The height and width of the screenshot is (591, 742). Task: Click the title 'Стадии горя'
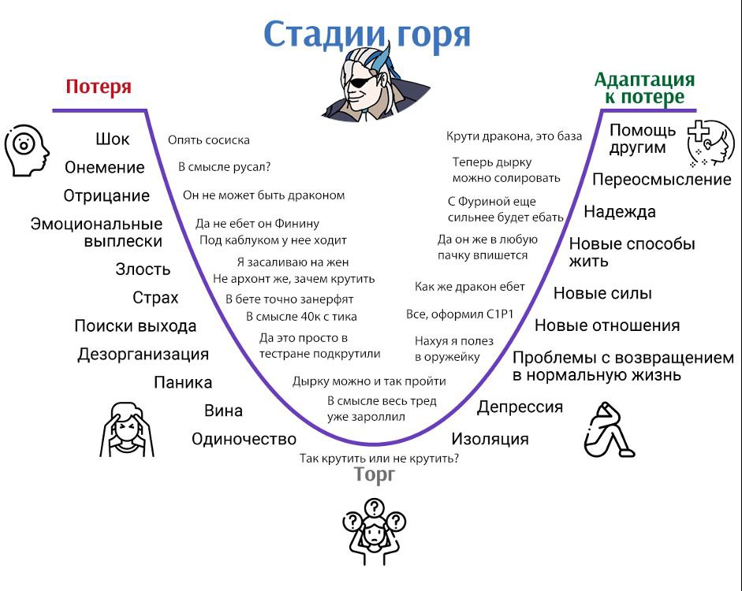click(367, 34)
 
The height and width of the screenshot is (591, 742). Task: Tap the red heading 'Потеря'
click(99, 87)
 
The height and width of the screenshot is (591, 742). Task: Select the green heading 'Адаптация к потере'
click(644, 88)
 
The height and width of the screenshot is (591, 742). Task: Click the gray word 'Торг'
click(375, 474)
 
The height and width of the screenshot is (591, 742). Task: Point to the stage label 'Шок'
click(113, 139)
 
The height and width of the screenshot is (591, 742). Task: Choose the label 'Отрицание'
click(106, 195)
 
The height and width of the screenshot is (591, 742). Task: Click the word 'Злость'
click(143, 269)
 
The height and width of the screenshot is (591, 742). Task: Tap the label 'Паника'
click(183, 382)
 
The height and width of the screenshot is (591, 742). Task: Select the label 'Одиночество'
click(244, 439)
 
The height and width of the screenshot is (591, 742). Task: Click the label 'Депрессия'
click(520, 407)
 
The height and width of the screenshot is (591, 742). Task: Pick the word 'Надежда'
click(620, 212)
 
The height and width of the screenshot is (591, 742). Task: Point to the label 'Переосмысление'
click(662, 180)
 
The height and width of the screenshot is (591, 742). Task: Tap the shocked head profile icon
click(26, 151)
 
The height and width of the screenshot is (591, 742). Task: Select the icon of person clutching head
click(126, 429)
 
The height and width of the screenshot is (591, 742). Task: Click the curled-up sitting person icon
click(608, 429)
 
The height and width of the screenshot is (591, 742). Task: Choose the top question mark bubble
click(375, 508)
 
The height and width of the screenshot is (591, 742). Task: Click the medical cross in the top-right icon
click(698, 131)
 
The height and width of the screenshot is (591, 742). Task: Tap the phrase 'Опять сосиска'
click(209, 140)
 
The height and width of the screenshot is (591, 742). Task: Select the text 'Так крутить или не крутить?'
click(379, 458)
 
